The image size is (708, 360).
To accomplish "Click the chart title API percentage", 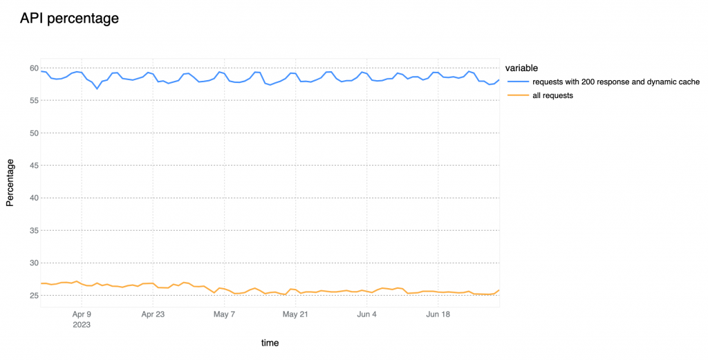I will (69, 19).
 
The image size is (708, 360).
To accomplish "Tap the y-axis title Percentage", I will (10, 182).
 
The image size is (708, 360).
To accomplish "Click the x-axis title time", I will (270, 343).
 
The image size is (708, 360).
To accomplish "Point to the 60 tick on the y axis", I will (33, 68).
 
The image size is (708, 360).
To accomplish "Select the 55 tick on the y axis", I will (33, 100).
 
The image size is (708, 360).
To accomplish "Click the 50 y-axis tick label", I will (33, 133).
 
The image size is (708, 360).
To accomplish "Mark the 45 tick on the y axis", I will (33, 165).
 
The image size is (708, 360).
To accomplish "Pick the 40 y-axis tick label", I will (33, 198).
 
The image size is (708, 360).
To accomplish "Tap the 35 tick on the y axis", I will (33, 230).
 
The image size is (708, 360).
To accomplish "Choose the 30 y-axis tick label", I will (33, 263).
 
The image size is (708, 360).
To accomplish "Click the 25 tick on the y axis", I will (33, 295).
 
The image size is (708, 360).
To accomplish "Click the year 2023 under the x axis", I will (82, 323).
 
